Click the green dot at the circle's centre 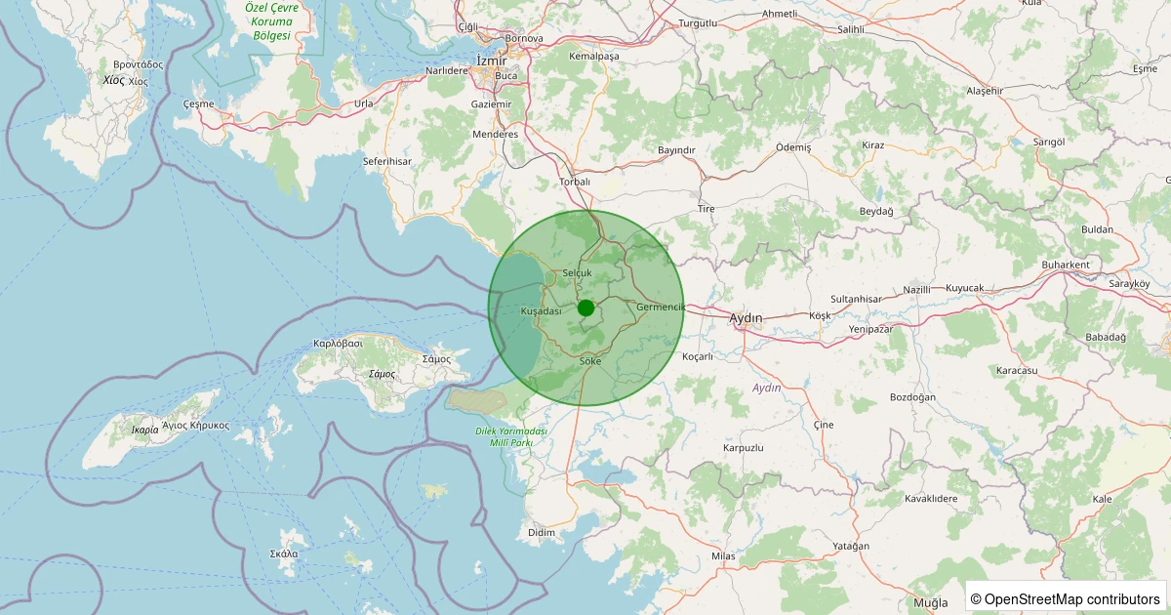(x=585, y=307)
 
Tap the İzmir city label (x=491, y=61)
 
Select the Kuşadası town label (x=542, y=310)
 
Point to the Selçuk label (x=578, y=272)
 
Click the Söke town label (x=590, y=361)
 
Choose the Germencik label (x=662, y=307)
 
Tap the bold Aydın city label (x=747, y=317)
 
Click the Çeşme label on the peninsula (x=198, y=103)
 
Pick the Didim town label (x=541, y=532)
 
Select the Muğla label (x=930, y=602)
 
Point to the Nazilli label (x=917, y=290)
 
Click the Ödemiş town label (x=793, y=146)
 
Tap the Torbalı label (x=575, y=182)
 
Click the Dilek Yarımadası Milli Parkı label (x=510, y=436)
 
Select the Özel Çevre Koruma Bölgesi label (x=272, y=20)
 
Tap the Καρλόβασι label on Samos (x=338, y=344)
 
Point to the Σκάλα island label (x=284, y=553)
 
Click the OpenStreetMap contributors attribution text (x=1066, y=598)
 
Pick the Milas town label (x=723, y=555)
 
